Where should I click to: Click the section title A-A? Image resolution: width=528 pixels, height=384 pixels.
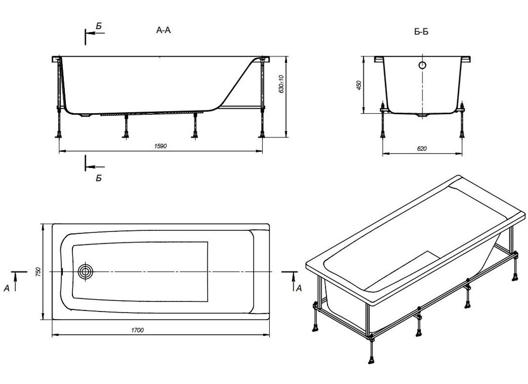pos(164,30)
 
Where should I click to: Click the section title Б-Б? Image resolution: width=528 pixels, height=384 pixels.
pos(421,32)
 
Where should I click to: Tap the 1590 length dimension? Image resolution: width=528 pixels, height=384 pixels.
pos(160,146)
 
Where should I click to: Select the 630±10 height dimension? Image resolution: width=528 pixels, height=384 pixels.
pos(281,84)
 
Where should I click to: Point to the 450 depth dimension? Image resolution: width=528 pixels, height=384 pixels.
pos(359,85)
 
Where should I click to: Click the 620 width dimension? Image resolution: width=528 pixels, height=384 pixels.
pos(421,148)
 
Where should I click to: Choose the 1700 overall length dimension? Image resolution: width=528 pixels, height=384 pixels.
pos(137,330)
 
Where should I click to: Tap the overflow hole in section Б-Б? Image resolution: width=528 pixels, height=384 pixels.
pos(422,65)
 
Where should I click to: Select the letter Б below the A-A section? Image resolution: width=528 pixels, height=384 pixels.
pos(98,178)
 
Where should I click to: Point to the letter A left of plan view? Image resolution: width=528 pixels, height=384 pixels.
pos(7,288)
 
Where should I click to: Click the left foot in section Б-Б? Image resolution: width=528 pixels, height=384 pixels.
pos(383,135)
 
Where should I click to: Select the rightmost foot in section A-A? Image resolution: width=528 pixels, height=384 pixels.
pos(262,135)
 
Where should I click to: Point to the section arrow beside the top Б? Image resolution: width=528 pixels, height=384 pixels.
pos(96,33)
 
